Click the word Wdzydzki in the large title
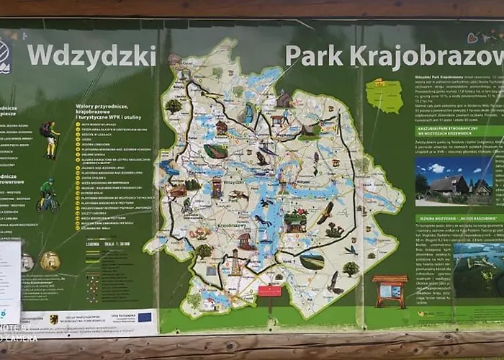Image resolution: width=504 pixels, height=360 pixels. [x=91, y=55]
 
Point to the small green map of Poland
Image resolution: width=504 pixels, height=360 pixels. [x=384, y=96]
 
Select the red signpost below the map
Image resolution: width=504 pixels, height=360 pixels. [x=270, y=291]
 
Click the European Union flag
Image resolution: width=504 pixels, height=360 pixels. [x=145, y=317]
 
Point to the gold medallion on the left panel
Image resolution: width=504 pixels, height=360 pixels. [x=50, y=261]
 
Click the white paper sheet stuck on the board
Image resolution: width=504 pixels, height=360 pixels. [x=10, y=281]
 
